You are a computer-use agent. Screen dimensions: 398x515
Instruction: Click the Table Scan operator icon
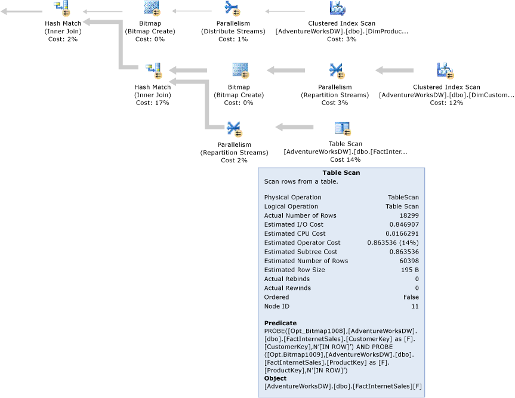[x=342, y=128]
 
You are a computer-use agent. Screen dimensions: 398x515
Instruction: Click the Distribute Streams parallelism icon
[x=233, y=8]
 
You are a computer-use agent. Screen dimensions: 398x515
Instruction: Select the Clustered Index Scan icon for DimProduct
[x=338, y=8]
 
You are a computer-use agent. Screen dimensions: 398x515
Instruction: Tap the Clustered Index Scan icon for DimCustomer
[x=446, y=71]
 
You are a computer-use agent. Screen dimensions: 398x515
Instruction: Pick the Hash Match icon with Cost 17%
[x=153, y=71]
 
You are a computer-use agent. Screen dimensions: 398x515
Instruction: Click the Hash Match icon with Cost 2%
[x=63, y=8]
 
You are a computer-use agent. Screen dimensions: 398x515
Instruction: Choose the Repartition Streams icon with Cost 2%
[x=233, y=128]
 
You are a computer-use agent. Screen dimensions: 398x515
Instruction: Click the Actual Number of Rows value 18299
[x=408, y=215]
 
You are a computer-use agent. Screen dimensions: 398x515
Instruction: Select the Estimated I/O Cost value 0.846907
[x=405, y=224]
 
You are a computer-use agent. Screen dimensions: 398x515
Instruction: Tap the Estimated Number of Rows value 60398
[x=408, y=261]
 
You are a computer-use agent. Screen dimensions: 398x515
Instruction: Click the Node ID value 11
[x=415, y=306]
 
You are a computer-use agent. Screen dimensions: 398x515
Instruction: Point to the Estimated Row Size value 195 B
[x=409, y=270]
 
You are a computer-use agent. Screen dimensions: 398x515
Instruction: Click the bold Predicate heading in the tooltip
[x=280, y=323]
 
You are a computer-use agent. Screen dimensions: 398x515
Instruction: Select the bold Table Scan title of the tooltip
[x=341, y=172]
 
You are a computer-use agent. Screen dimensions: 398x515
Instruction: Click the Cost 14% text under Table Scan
[x=345, y=159]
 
